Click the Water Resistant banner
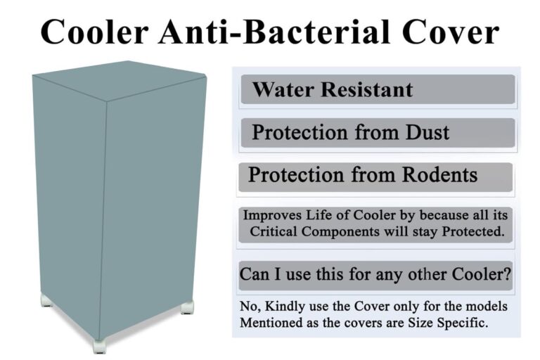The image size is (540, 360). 378,90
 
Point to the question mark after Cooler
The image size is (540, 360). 507,274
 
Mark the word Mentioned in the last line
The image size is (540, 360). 271,323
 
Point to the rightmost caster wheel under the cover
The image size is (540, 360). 187,307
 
